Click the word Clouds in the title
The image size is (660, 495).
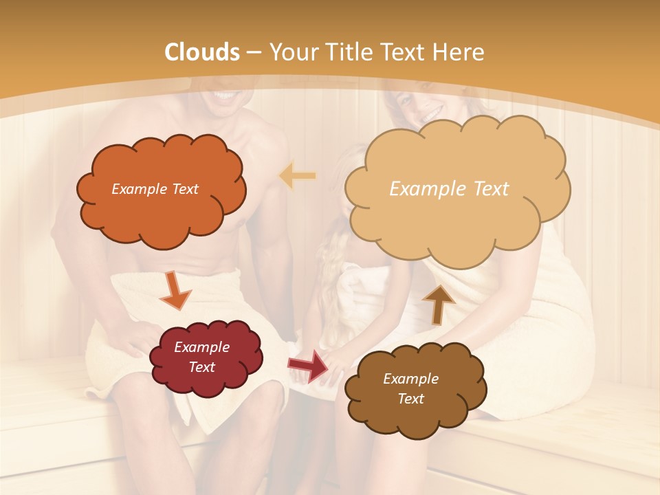click(202, 52)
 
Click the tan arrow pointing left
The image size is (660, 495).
click(297, 176)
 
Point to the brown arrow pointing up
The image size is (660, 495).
click(438, 303)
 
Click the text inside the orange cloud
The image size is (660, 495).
click(155, 189)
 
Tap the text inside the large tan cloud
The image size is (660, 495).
click(449, 189)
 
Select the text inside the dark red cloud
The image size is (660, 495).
click(202, 357)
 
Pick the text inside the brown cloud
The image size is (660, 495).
click(410, 388)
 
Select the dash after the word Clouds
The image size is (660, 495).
click(254, 53)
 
